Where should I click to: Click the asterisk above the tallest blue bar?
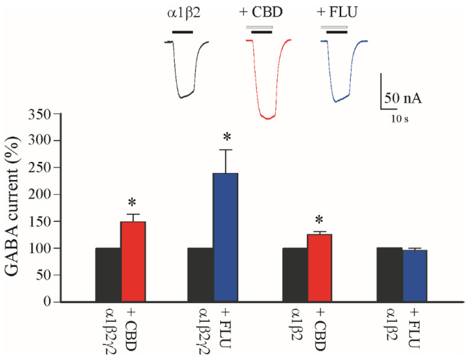pyautogui.click(x=227, y=137)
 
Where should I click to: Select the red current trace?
pyautogui.click(x=267, y=84)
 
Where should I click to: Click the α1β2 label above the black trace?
pyautogui.click(x=182, y=12)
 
